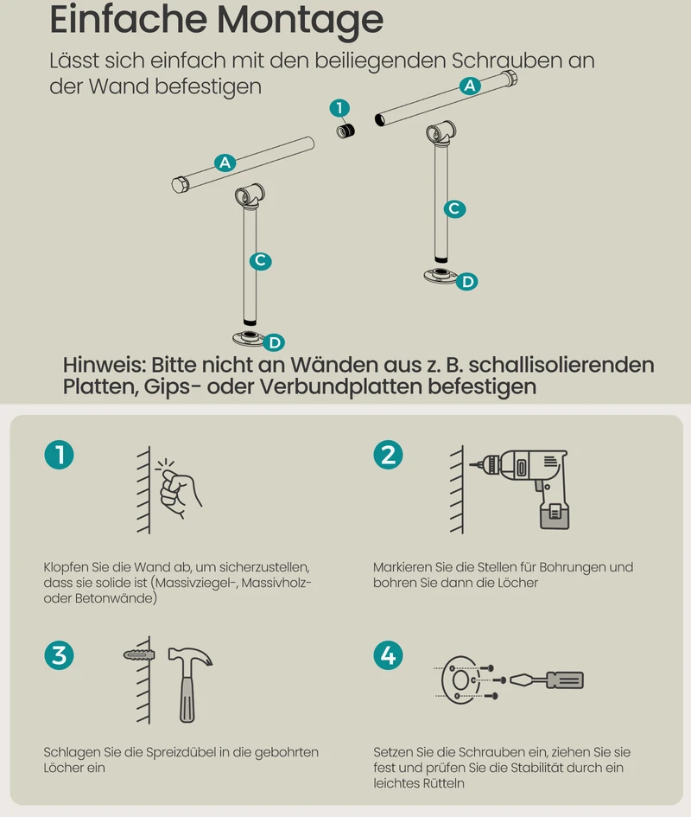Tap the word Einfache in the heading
tap(129, 19)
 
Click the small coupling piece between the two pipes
tap(345, 130)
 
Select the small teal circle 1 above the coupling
tap(339, 108)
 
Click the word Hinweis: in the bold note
tap(105, 365)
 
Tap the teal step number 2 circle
tap(388, 455)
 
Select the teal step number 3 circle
tap(59, 655)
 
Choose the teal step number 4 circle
tap(388, 655)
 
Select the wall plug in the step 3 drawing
tap(139, 654)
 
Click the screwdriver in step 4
tap(547, 680)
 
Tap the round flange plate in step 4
tap(460, 680)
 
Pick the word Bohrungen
tap(568, 567)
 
